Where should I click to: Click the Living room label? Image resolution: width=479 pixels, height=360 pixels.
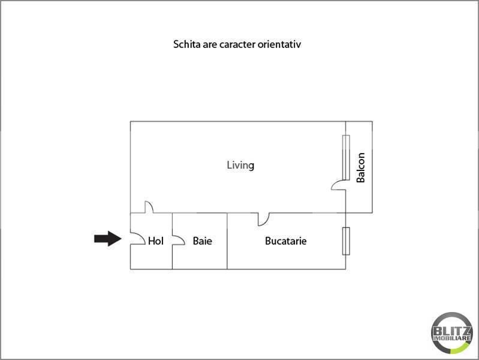[240, 166]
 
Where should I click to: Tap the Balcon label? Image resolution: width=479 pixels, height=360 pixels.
[361, 167]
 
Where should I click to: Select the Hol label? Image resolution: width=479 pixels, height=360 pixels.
[156, 241]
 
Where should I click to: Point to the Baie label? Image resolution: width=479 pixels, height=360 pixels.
[203, 241]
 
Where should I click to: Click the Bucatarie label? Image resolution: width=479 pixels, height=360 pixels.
[286, 241]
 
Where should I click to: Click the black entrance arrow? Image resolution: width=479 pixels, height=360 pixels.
[108, 239]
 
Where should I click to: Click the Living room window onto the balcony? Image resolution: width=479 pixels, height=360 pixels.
[346, 157]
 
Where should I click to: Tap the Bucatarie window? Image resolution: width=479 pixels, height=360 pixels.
[346, 241]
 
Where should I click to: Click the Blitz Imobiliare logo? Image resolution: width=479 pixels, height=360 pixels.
[452, 333]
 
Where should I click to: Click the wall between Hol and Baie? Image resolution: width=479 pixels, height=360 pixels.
[172, 241]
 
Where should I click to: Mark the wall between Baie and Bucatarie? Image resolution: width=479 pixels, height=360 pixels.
[227, 241]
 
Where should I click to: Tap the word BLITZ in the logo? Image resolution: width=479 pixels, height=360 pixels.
[452, 331]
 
